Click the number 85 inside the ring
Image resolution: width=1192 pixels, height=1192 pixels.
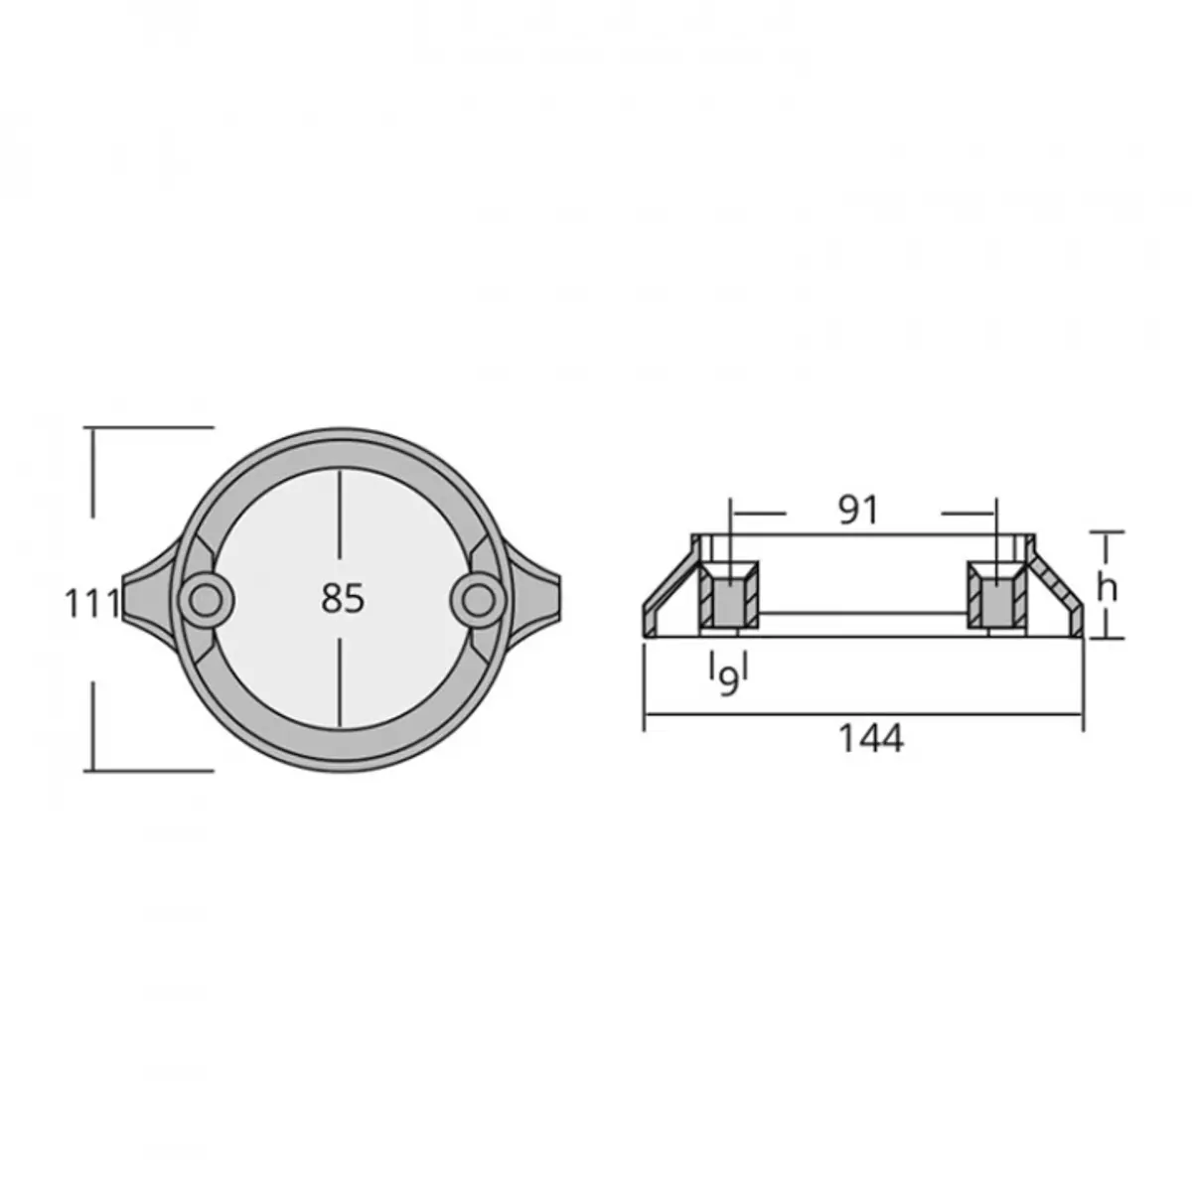[x=342, y=599]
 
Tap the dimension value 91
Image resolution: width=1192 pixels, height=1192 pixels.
[x=858, y=511]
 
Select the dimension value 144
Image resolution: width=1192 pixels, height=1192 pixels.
[x=870, y=738]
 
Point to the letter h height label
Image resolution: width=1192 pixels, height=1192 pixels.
[x=1108, y=588]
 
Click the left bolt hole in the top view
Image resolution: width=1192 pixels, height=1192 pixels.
[x=206, y=600]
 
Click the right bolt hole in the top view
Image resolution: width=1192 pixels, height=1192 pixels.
[x=478, y=599]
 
